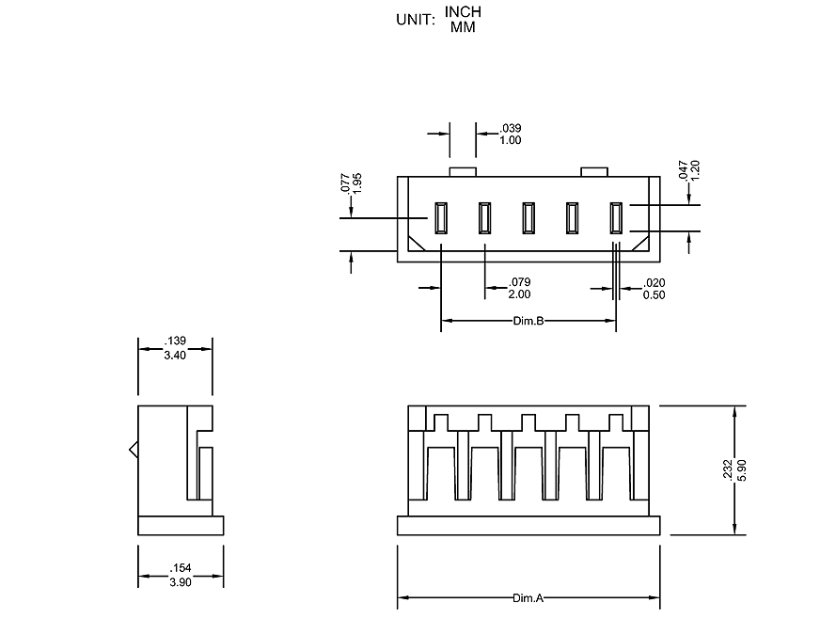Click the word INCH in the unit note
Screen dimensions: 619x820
463,12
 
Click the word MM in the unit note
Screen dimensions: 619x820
463,26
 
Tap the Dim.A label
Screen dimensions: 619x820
528,598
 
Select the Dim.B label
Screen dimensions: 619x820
528,321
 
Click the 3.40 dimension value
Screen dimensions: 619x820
175,356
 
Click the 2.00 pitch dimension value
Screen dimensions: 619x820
520,294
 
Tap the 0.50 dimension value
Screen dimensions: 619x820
654,294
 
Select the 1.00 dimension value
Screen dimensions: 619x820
511,140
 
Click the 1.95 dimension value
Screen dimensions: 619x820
357,183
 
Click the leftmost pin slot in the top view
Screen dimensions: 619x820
440,218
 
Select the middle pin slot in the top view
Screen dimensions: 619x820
528,218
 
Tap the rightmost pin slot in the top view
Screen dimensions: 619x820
617,218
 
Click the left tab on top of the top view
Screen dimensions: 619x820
464,171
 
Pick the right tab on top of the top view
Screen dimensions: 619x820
594,171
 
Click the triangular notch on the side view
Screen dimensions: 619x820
134,451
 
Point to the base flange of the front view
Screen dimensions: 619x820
528,526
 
